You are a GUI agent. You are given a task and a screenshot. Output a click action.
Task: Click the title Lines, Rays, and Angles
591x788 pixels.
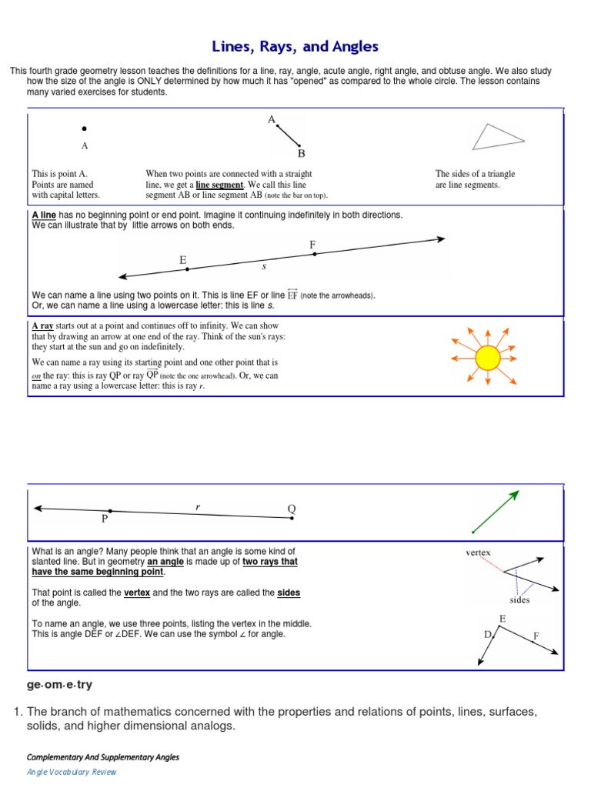[x=295, y=47]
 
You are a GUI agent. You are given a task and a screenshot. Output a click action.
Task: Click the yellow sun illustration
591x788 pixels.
[x=487, y=358]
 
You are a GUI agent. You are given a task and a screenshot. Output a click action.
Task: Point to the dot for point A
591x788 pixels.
[x=85, y=129]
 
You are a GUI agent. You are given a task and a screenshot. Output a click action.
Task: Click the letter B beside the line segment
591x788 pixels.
[x=302, y=153]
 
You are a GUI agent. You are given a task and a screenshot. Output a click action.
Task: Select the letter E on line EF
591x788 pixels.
[x=183, y=261]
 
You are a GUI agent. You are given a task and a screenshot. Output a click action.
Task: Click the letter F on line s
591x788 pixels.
[x=312, y=245]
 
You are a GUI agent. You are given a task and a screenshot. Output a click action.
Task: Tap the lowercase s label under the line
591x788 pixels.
[x=264, y=266]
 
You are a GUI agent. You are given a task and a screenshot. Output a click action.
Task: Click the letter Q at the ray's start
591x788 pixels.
[x=292, y=509]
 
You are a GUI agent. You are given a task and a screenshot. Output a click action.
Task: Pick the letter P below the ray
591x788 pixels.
[x=105, y=519]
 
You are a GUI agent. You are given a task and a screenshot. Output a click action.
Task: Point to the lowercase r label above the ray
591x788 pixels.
[x=198, y=506]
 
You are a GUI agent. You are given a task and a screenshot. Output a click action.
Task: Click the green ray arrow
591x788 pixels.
[x=496, y=511]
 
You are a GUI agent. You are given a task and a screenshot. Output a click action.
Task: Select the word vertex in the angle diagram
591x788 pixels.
[x=478, y=553]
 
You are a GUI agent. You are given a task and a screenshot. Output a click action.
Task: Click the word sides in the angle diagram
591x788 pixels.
[x=519, y=599]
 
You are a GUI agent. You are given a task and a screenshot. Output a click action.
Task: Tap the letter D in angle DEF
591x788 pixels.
[x=487, y=634]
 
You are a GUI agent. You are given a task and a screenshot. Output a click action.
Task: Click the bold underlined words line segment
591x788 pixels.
[x=219, y=185]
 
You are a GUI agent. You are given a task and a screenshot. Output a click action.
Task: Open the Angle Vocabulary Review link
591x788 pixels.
[x=72, y=772]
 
